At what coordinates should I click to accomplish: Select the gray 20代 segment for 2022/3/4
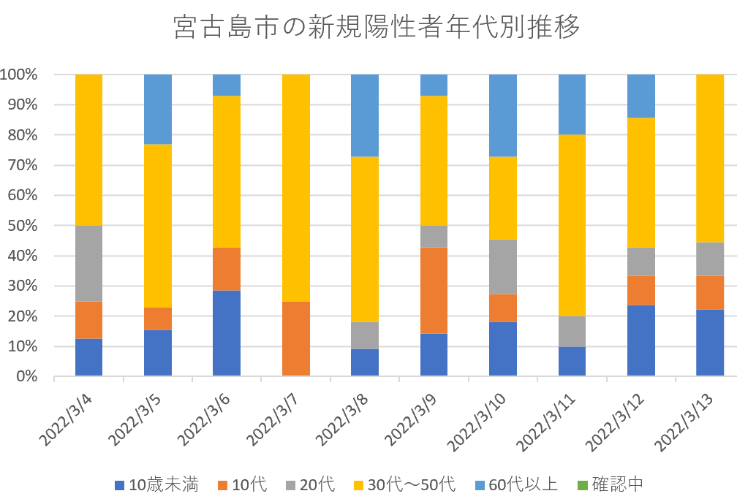tap(88, 263)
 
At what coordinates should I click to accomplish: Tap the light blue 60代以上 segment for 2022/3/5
tap(158, 109)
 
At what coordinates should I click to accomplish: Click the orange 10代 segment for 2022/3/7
tap(296, 338)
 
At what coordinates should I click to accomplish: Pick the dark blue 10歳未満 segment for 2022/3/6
tap(227, 333)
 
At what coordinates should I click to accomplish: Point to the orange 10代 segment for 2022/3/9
tap(434, 290)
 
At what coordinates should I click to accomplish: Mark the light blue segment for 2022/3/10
tap(503, 115)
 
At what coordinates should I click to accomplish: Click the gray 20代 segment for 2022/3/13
tap(710, 259)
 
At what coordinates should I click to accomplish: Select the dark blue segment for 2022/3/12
tap(640, 340)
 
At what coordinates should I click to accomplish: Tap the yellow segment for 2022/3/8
tap(365, 239)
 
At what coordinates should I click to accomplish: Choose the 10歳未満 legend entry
tap(156, 484)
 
